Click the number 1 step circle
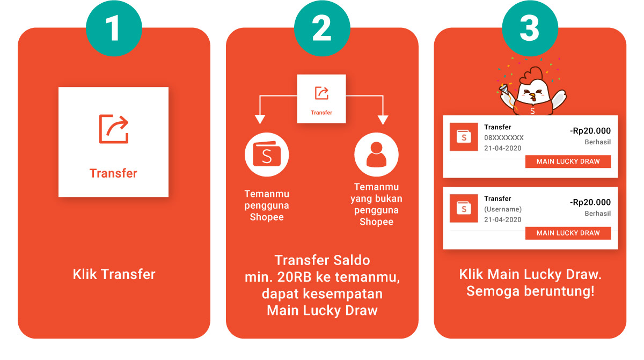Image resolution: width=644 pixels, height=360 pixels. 113,28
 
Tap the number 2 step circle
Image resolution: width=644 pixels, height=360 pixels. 321,28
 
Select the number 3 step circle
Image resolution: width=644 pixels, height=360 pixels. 530,28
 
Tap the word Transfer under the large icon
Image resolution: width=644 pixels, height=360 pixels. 113,173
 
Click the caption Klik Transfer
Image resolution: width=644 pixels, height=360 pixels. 114,274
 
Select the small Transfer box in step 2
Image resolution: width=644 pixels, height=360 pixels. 321,98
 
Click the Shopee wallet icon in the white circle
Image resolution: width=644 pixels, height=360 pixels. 267,156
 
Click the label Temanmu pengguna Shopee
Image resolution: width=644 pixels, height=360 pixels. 267,205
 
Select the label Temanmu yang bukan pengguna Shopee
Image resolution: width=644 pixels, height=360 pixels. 377,204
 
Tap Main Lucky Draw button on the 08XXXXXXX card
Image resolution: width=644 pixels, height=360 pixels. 568,161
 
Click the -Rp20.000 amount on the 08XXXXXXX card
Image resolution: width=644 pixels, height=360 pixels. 590,131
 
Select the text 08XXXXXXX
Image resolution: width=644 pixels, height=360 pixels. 503,138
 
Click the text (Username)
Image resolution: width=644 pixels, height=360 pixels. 502,209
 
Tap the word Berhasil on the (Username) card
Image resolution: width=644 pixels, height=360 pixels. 597,214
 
